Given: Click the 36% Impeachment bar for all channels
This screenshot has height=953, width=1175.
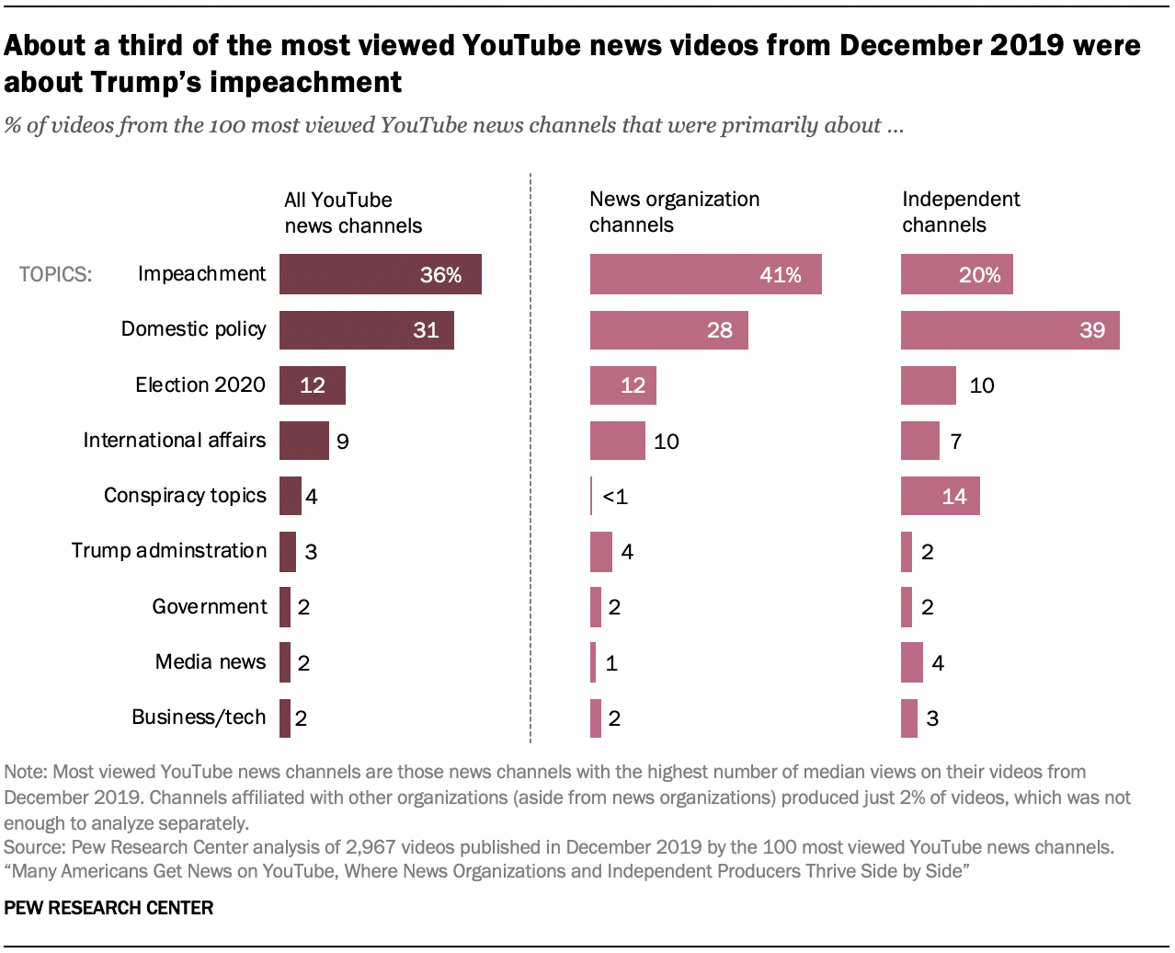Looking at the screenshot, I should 380,274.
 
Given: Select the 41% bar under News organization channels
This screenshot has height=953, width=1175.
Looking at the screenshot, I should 705,274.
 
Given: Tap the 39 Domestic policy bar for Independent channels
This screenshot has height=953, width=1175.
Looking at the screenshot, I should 1010,330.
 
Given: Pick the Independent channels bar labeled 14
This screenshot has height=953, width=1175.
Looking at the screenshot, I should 940,497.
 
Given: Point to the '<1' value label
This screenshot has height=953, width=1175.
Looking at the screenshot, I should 615,497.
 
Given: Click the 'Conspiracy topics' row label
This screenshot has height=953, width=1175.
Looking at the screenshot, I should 185,496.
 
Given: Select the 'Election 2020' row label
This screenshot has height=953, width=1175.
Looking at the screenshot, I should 200,385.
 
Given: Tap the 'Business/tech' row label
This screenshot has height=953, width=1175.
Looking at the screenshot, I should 199,718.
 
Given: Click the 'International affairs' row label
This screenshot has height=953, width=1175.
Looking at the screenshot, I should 174,441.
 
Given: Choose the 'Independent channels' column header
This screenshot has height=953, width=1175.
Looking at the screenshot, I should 961,212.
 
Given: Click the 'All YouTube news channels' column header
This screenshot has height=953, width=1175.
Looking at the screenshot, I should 352,212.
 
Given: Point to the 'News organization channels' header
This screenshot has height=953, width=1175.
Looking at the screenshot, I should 674,212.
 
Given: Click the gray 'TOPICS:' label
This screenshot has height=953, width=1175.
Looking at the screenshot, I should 55,275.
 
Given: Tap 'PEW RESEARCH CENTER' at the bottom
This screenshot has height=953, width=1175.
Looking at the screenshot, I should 108,908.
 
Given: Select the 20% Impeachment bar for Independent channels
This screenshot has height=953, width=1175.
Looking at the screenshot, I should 956,274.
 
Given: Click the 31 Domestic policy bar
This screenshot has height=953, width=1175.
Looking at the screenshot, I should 366,330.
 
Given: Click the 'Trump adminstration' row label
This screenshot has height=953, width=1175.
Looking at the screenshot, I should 169,551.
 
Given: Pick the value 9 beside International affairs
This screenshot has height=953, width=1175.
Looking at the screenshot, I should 342,442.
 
